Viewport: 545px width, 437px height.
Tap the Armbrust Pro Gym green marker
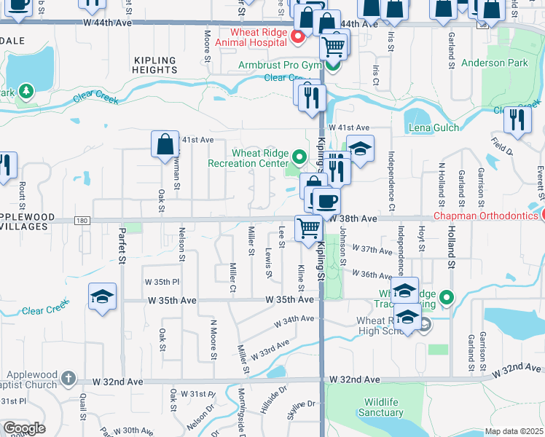333,66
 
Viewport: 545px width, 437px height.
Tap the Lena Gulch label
434,127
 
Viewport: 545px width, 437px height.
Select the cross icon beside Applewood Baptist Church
68,378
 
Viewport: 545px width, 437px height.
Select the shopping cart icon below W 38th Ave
308,227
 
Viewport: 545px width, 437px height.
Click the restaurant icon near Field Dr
517,118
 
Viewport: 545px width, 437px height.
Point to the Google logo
24,428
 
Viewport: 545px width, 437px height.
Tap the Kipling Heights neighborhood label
155,66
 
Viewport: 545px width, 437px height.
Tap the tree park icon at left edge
26,91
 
